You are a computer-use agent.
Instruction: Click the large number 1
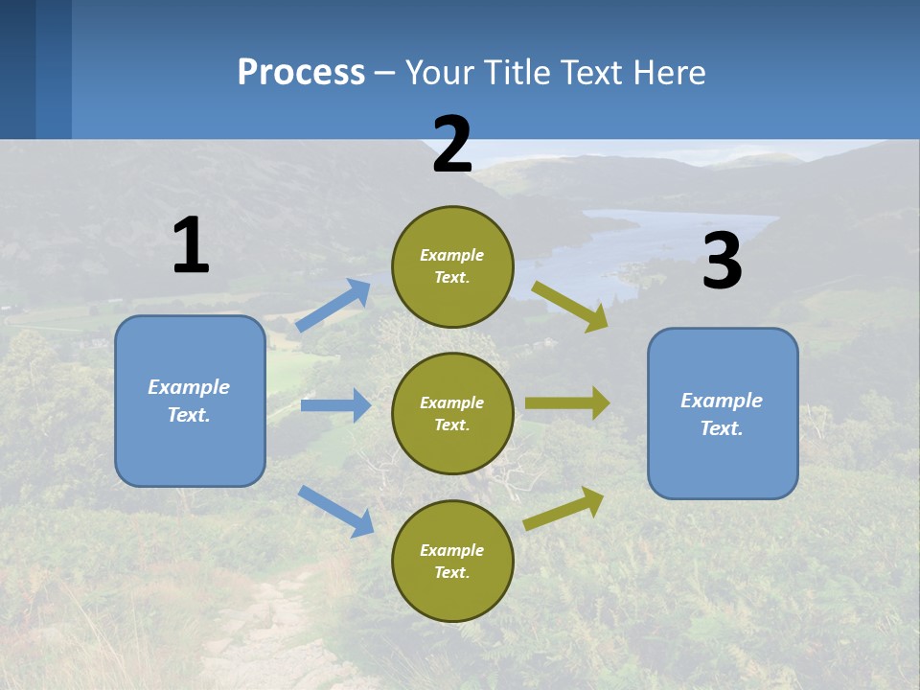tap(191, 245)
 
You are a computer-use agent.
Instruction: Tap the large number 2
tap(451, 145)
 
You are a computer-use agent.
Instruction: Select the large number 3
tap(722, 261)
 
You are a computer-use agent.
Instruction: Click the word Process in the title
tap(301, 72)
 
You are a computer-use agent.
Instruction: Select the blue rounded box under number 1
tap(190, 401)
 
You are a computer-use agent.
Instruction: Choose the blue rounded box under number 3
tap(723, 413)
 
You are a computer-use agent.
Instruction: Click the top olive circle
tap(452, 265)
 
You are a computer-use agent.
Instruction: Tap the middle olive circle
tap(452, 413)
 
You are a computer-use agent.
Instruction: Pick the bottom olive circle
tap(452, 561)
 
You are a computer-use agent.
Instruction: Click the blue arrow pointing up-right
tap(333, 306)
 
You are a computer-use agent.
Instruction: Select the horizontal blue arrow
tap(335, 405)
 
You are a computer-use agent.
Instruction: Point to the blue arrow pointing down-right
tap(335, 511)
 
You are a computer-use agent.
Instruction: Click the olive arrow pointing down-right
tap(570, 306)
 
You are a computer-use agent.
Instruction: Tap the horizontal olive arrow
tap(567, 402)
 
